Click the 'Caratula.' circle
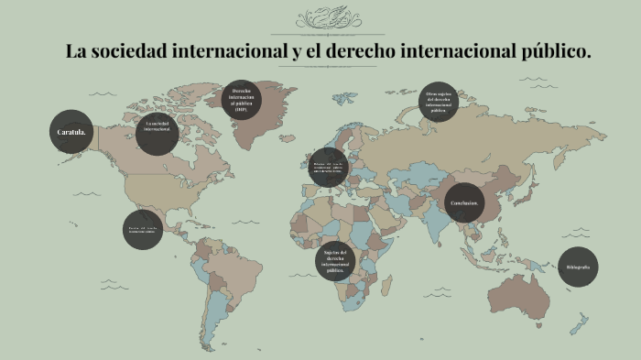point(71,132)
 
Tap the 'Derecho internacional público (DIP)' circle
point(242,101)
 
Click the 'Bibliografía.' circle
point(579,267)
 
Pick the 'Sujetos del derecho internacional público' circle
point(335,261)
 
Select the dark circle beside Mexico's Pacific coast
point(142,229)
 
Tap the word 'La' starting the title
point(76,52)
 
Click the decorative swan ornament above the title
point(328,17)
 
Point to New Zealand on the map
point(579,323)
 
